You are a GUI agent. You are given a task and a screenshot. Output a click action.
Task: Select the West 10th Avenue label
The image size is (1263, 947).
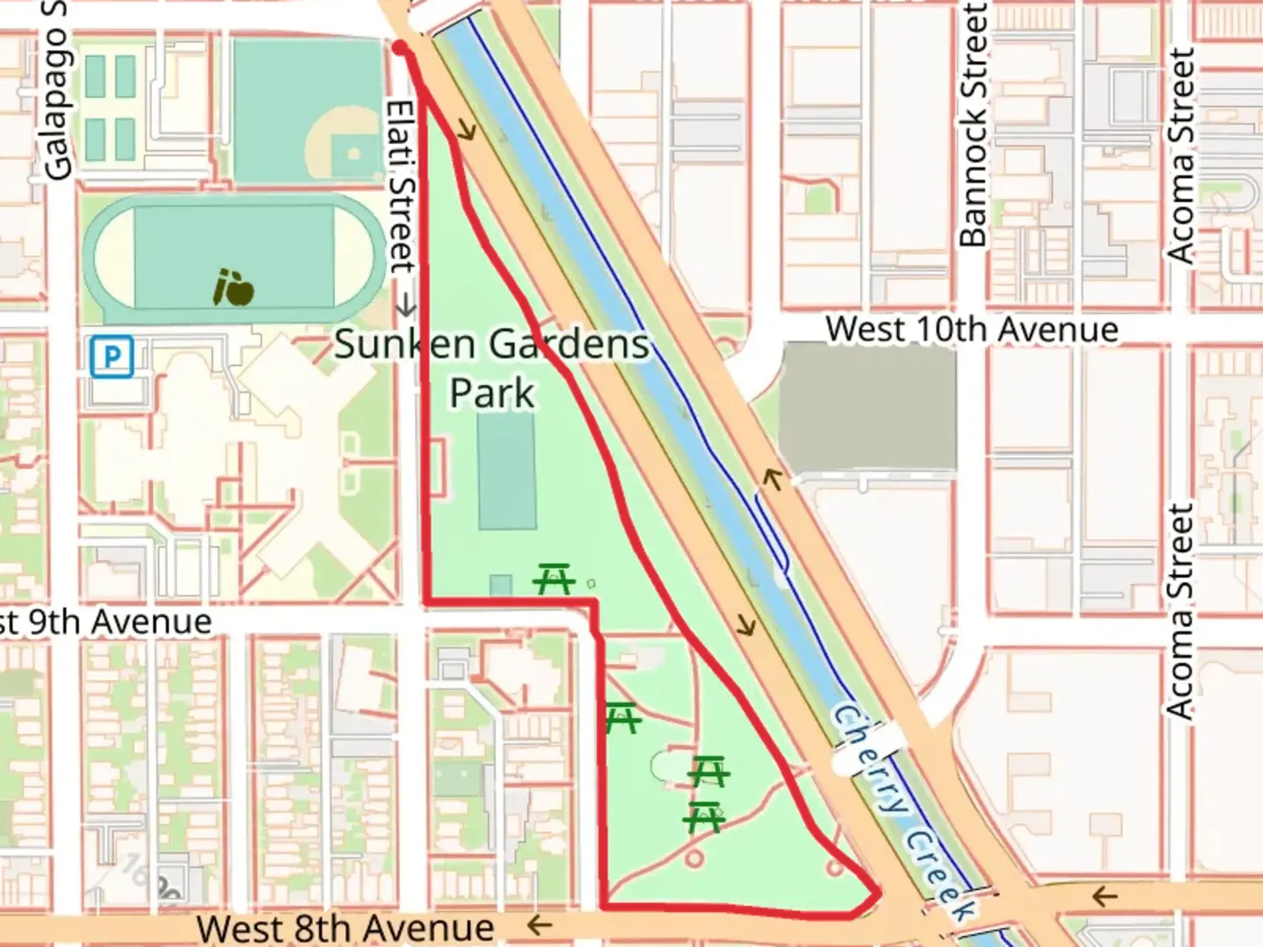click(x=972, y=330)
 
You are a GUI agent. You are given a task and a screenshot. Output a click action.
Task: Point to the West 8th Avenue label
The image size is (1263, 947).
click(x=345, y=927)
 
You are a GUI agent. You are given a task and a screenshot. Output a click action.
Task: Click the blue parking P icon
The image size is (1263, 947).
click(x=111, y=357)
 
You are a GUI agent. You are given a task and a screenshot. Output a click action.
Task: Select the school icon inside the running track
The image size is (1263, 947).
click(x=233, y=287)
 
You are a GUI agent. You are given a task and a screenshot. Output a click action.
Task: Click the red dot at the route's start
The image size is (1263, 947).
click(x=400, y=47)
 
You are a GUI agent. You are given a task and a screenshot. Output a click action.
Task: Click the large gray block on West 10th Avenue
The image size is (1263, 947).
click(x=867, y=406)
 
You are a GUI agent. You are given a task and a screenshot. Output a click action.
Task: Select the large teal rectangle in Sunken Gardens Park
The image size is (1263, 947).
click(x=506, y=471)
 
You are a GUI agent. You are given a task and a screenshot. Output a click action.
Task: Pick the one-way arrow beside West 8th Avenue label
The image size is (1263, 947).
click(x=539, y=924)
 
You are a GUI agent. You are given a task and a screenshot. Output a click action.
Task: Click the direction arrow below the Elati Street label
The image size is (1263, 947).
click(x=405, y=306)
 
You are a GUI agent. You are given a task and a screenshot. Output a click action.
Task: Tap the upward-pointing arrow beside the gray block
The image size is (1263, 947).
click(x=772, y=479)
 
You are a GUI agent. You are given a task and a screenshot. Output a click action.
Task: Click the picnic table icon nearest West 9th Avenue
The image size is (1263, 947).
click(x=554, y=579)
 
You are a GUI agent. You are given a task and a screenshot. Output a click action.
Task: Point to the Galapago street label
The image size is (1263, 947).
click(x=56, y=92)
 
